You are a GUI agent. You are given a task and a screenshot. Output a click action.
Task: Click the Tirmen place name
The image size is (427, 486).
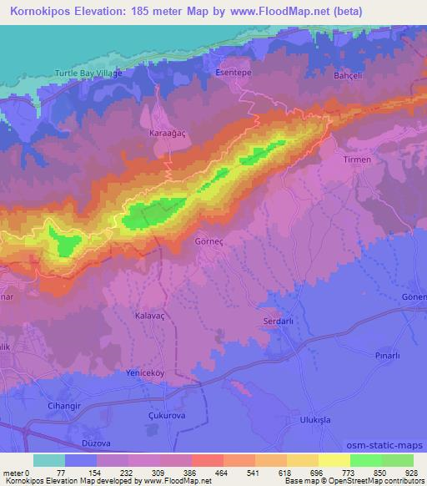click(356, 159)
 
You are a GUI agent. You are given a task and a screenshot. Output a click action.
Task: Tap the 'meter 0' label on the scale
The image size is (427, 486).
click(18, 472)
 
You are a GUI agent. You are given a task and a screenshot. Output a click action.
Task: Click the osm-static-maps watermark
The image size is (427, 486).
click(386, 445)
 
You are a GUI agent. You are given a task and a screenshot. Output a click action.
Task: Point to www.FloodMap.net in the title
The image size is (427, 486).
click(289, 12)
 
